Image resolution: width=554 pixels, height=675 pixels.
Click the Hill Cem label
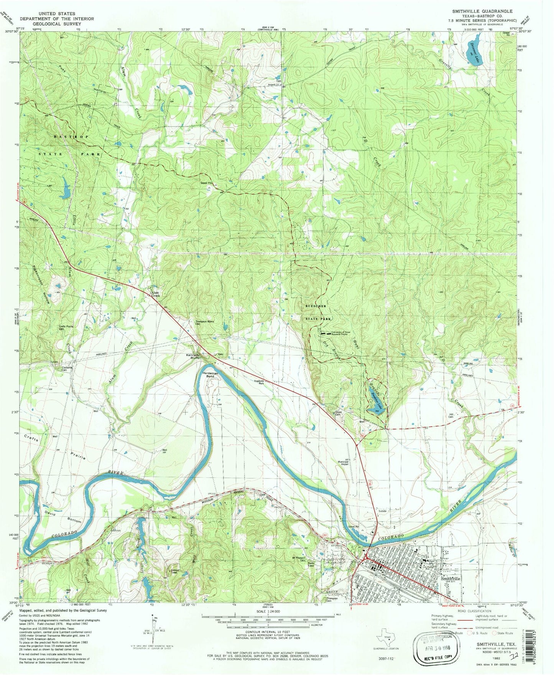(454, 416)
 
